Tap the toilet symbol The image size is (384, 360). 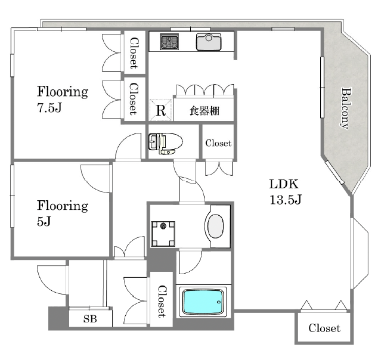(166, 144)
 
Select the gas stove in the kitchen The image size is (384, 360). (169, 42)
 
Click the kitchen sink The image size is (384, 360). (209, 42)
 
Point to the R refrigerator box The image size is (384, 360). (160, 110)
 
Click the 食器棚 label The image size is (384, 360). (205, 111)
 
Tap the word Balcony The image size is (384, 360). (346, 108)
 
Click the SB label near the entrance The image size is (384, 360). (90, 319)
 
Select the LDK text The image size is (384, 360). (284, 184)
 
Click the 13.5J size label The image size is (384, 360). (286, 200)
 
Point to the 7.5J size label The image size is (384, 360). (49, 107)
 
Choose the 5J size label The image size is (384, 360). (44, 221)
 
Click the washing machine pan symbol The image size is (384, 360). (163, 234)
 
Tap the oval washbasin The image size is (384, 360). (215, 226)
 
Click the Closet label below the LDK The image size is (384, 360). (324, 328)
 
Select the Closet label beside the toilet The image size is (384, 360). (218, 143)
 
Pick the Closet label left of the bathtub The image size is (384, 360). (161, 301)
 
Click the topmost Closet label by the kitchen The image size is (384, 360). (134, 53)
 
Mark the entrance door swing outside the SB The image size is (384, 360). (52, 280)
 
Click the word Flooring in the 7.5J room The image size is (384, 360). (63, 92)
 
